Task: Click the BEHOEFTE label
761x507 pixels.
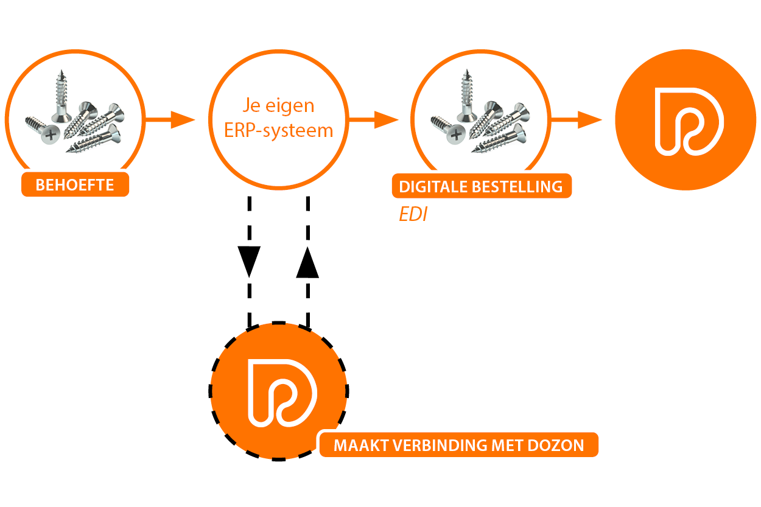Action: (75, 184)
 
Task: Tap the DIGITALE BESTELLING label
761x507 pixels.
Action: (481, 187)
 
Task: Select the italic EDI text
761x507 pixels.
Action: (413, 215)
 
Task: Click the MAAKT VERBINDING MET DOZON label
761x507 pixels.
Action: (458, 445)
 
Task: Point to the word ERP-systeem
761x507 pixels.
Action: (279, 130)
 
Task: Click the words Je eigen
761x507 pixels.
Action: (279, 106)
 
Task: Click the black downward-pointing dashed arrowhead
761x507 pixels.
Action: (250, 260)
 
